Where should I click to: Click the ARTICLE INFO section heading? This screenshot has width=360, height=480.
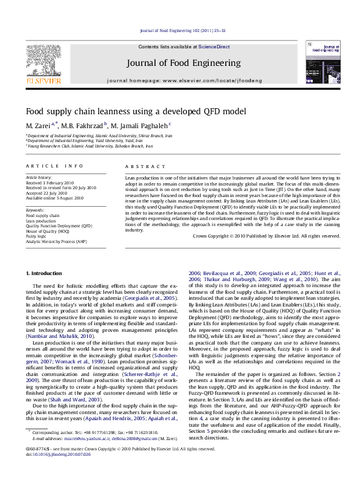click(48, 166)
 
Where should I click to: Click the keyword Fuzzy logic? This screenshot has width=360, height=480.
click(38, 236)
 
